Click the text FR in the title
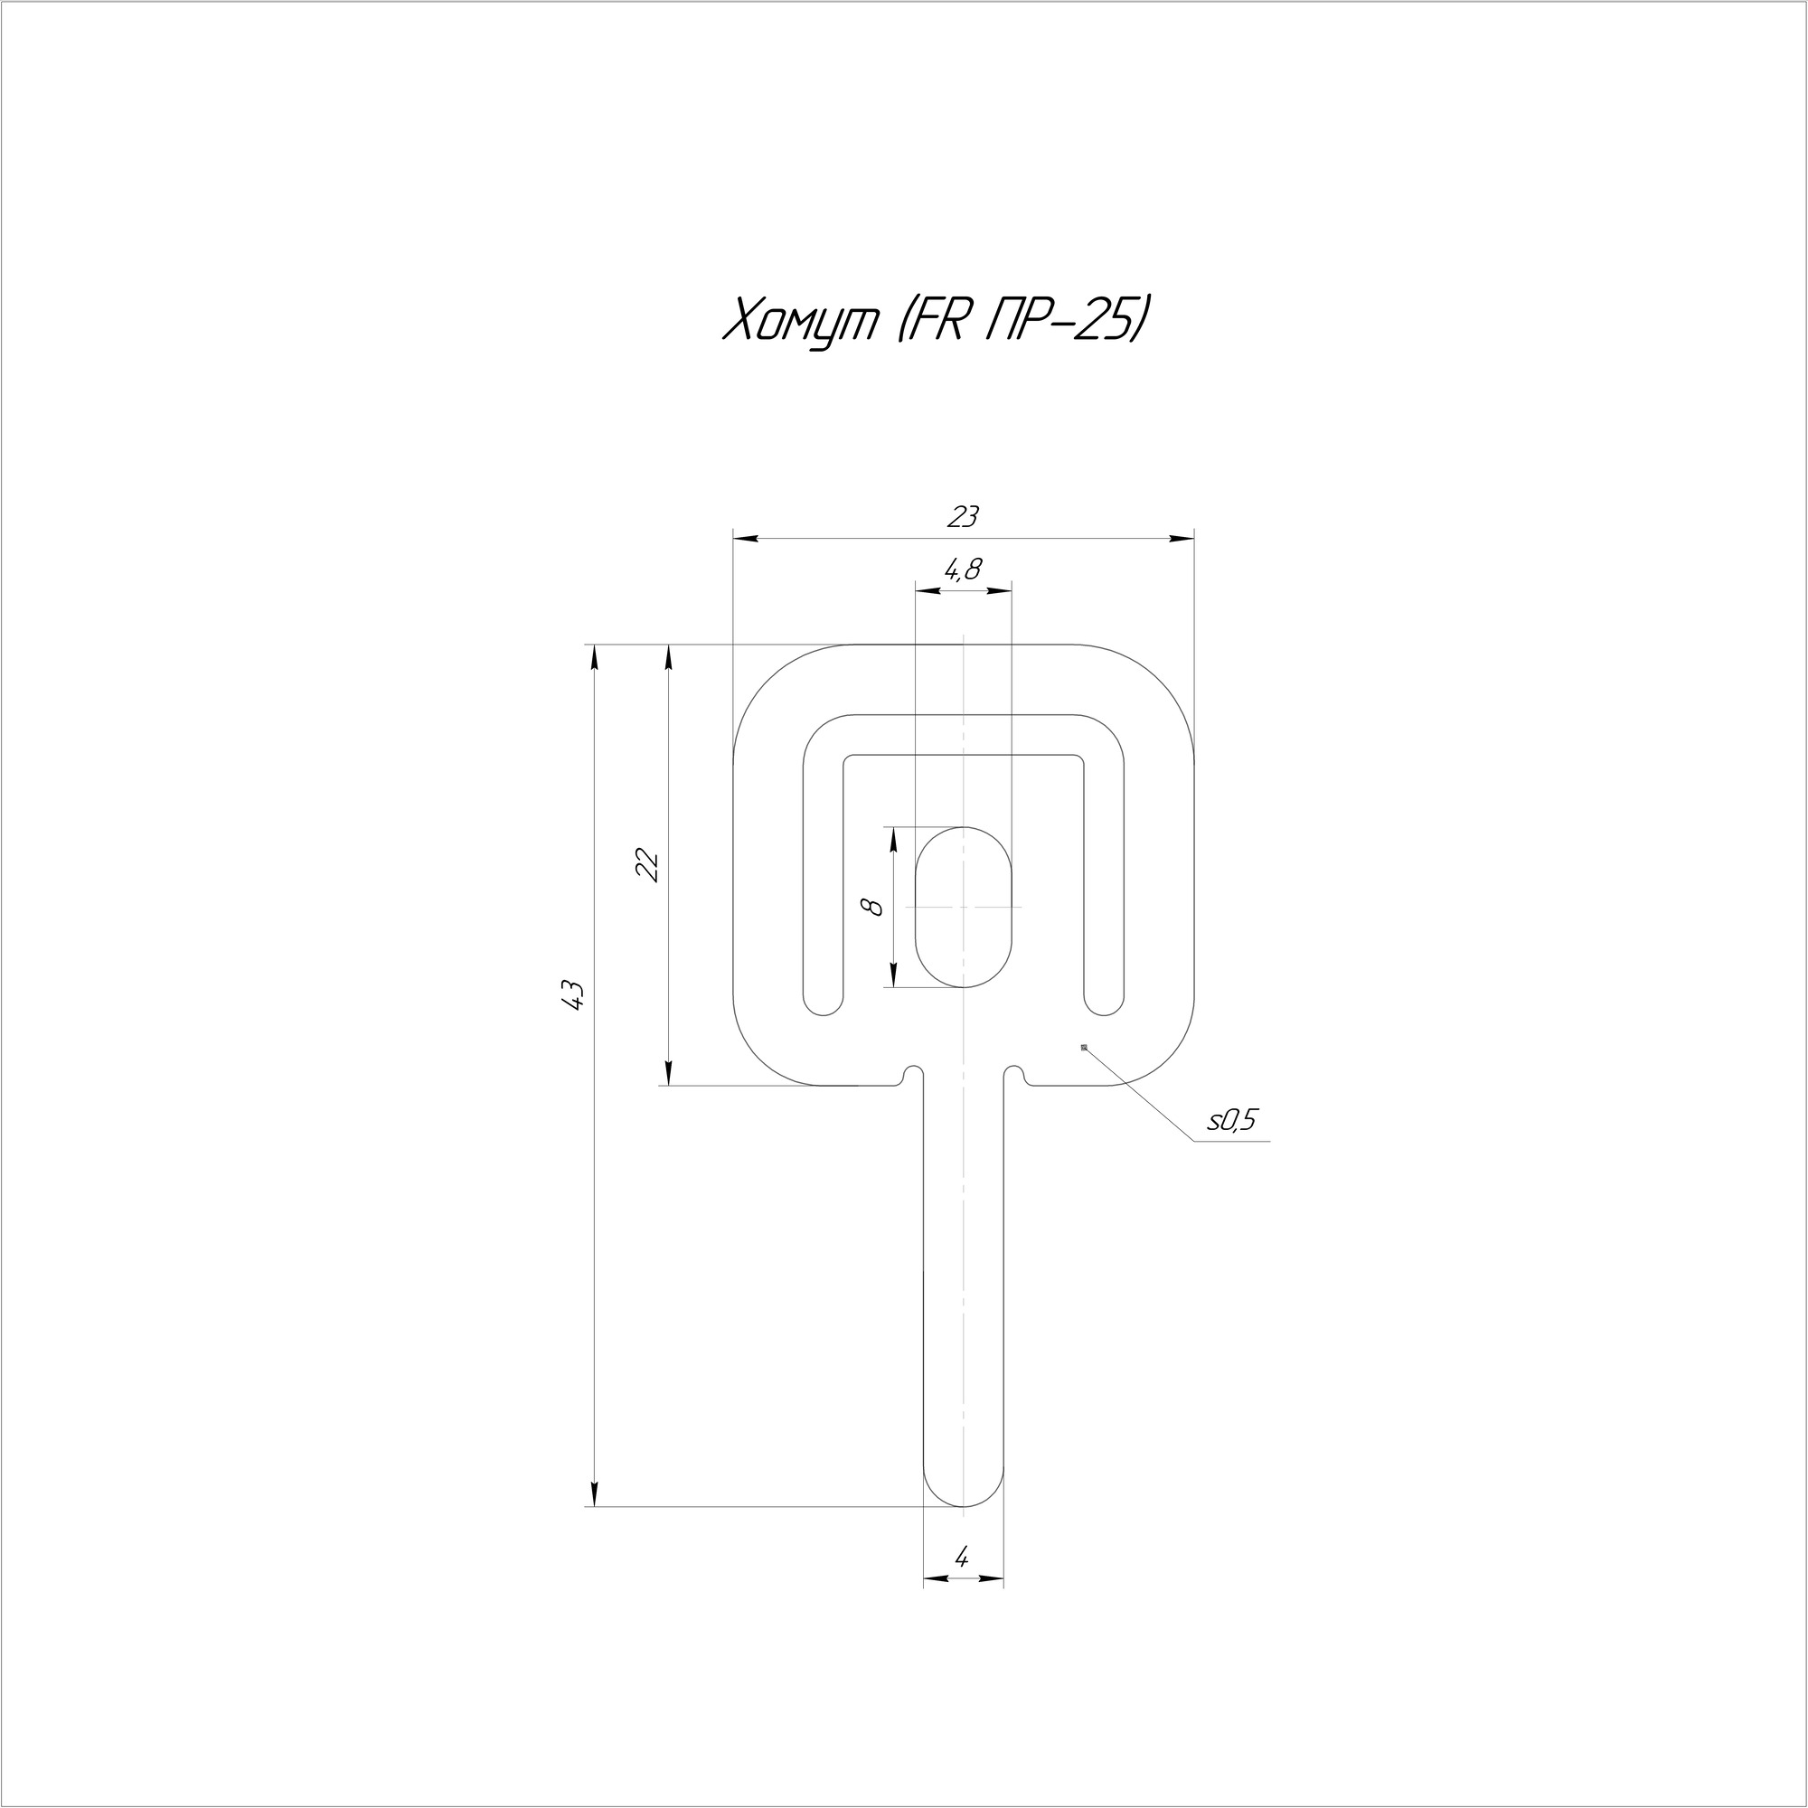tap(931, 321)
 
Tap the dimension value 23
tap(963, 515)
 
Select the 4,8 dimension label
tap(963, 569)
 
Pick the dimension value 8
tap(874, 906)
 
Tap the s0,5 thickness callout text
tap(1233, 1120)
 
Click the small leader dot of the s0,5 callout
tap(1084, 1047)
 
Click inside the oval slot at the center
tap(963, 906)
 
